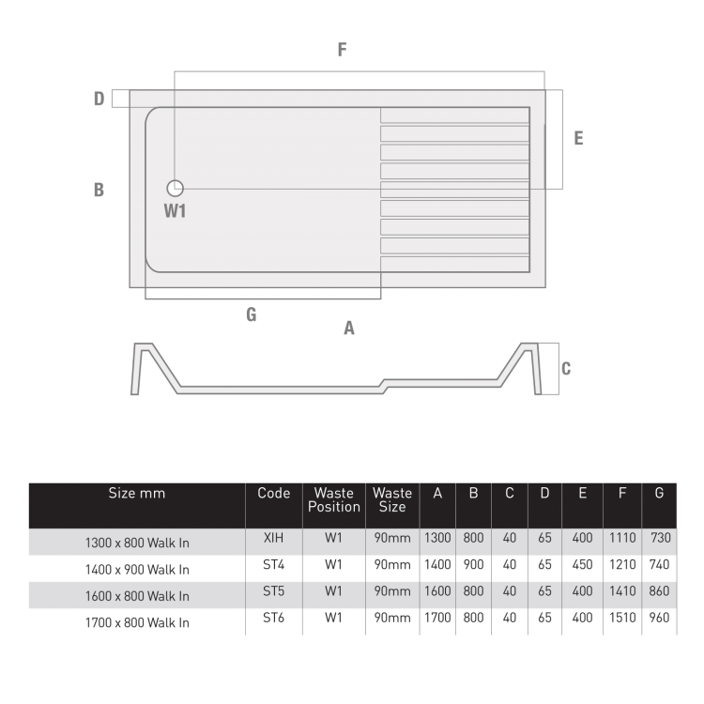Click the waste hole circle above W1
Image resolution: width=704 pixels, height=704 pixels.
pos(176,188)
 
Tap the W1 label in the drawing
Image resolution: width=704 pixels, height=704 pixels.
pos(175,211)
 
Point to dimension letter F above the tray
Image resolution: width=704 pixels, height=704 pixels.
pos(343,51)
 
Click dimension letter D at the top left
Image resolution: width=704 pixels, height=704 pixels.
pos(99,99)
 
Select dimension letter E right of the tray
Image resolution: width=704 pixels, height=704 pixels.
pos(578,138)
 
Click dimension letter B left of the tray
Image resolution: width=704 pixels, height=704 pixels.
pos(99,190)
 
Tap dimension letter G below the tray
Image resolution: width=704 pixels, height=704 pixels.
pos(251,314)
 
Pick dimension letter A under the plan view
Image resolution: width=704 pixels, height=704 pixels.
pos(349,329)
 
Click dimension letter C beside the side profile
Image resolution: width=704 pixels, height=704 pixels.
pos(566,369)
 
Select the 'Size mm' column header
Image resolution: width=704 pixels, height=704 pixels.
pos(137,494)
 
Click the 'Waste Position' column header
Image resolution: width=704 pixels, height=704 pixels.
pos(334,499)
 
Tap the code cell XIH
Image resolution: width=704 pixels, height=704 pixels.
pos(273,538)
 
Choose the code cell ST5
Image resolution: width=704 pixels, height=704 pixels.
pos(273,591)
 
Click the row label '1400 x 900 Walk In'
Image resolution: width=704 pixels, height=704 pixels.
pos(137,569)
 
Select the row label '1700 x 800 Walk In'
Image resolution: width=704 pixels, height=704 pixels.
pos(137,621)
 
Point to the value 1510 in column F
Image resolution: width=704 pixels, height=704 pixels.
pos(620,618)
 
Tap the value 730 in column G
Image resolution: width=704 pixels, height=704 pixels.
pos(660,539)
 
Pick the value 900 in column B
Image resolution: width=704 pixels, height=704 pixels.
pos(474,565)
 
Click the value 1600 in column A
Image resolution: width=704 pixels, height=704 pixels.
pos(437,591)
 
